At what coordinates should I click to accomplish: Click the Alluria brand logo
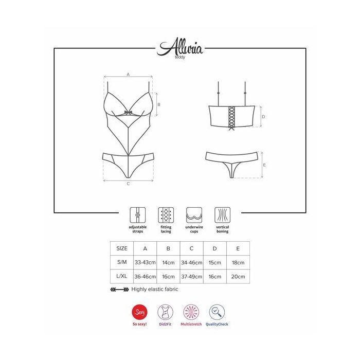pyautogui.click(x=180, y=47)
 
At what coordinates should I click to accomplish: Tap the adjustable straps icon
pyautogui.click(x=137, y=215)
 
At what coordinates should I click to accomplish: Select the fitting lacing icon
pyautogui.click(x=166, y=215)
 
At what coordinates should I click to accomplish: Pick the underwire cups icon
pyautogui.click(x=194, y=215)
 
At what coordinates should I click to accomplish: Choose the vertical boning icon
pyautogui.click(x=222, y=215)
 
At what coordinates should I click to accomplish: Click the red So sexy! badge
pyautogui.click(x=139, y=312)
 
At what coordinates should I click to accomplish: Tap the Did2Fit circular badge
pyautogui.click(x=165, y=312)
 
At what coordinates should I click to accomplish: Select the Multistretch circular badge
pyautogui.click(x=191, y=312)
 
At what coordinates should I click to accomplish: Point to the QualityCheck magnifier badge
pyautogui.click(x=217, y=312)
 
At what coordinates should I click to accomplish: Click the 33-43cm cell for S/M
pyautogui.click(x=145, y=262)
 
